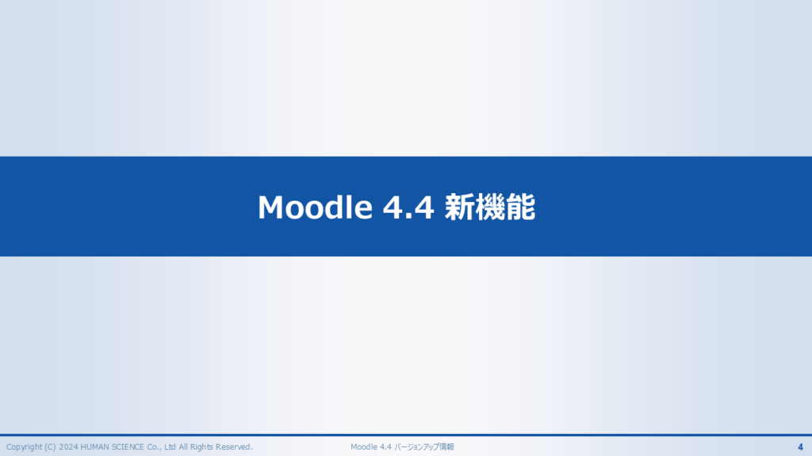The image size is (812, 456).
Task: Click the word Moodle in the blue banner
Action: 315,207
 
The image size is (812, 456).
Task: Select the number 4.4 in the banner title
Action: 408,207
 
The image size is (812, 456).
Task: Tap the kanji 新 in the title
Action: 459,207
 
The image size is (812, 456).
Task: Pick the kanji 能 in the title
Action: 520,207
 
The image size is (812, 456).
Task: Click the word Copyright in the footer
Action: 24,447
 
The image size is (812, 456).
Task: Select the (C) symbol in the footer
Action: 50,447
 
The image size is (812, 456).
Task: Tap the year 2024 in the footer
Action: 68,447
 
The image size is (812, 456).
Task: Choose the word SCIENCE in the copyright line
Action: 128,447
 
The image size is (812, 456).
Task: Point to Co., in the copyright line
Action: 155,447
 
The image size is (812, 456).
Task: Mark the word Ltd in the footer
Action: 170,447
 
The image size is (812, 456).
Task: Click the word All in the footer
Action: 183,447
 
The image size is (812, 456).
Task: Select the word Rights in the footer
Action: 202,447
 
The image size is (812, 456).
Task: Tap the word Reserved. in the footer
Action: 234,447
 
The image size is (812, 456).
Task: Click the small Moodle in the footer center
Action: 364,447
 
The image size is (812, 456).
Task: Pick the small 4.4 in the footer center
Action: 385,447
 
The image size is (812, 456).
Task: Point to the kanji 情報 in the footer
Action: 446,447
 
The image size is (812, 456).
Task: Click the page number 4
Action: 800,447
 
